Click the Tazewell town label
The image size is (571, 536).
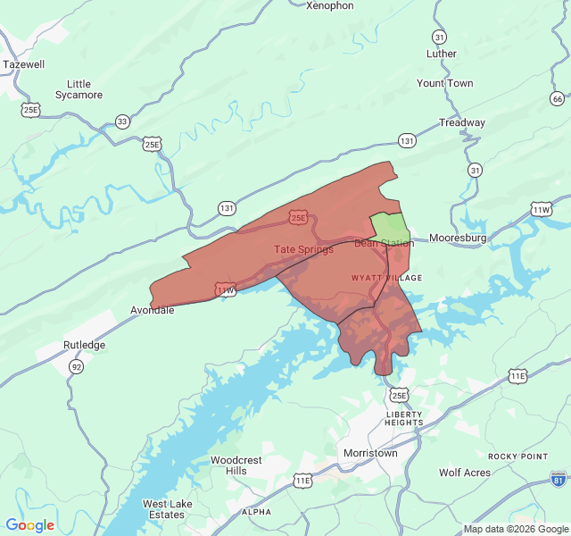pos(23,64)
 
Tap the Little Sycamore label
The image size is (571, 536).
pos(79,89)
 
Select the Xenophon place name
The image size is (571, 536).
pos(329,5)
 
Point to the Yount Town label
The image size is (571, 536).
pos(444,83)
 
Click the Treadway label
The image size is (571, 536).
pos(461,122)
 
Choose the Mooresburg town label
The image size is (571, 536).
pos(458,239)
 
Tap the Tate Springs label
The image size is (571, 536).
pos(303,249)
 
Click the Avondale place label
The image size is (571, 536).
pos(152,310)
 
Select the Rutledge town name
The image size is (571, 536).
pos(84,345)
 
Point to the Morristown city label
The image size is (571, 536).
pos(370,453)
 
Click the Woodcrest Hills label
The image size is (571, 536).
pos(236,465)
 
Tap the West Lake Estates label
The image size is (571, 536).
pos(167,509)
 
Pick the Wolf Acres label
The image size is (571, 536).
pos(464,473)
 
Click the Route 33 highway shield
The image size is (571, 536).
pos(122,121)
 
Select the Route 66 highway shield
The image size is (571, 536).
pos(558,98)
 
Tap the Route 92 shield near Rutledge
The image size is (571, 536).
pos(77,366)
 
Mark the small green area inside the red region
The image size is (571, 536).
pos(389,227)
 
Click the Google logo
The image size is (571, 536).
pos(29,525)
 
